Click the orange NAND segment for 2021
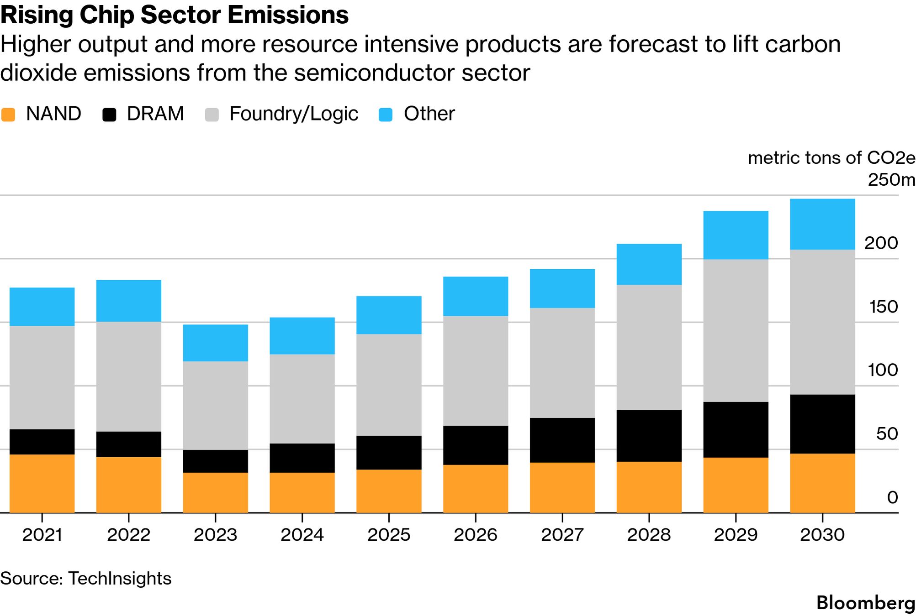click(x=42, y=483)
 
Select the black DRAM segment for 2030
click(x=822, y=424)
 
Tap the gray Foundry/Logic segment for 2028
click(x=649, y=347)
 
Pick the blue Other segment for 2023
click(x=215, y=343)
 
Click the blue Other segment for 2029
click(x=736, y=235)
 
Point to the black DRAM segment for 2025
click(x=389, y=453)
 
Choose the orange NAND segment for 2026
click(x=476, y=489)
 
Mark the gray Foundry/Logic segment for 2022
click(x=128, y=376)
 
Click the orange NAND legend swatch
click(x=8, y=114)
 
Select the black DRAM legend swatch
click(x=109, y=114)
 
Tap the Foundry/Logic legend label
click(x=293, y=114)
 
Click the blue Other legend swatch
click(x=386, y=114)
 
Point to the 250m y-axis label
click(x=891, y=180)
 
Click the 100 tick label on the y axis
click(x=883, y=370)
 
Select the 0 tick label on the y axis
click(x=892, y=497)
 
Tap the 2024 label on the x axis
click(x=302, y=535)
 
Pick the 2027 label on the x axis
click(x=562, y=535)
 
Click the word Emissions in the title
click(x=288, y=15)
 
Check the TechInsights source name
click(x=120, y=579)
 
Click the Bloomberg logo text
click(x=865, y=603)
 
